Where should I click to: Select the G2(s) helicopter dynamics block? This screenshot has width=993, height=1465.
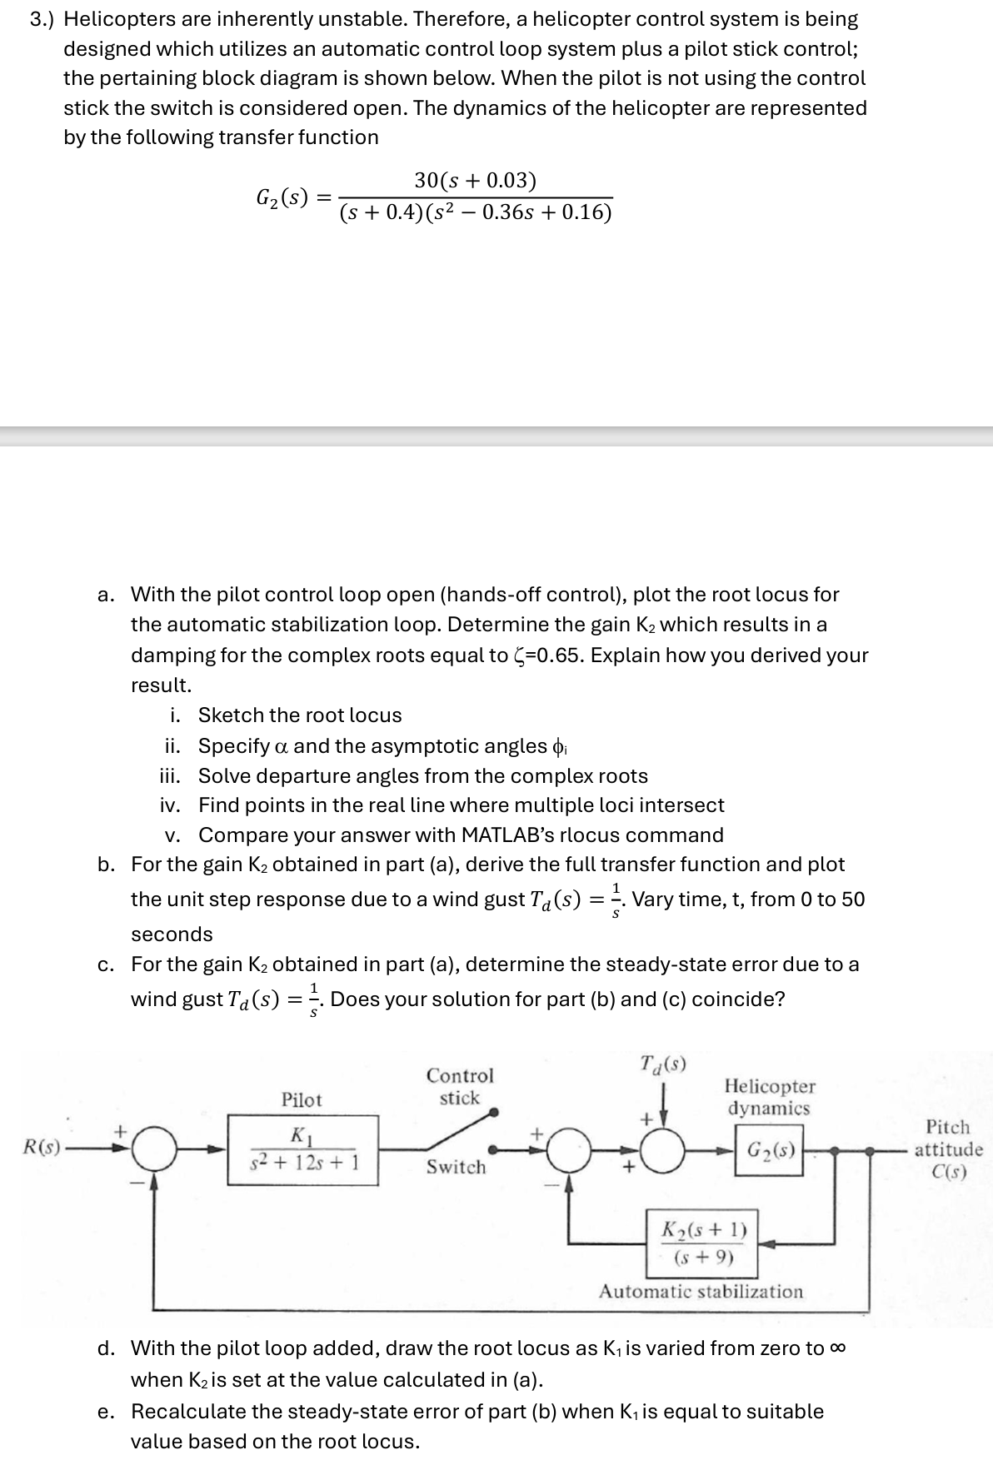coord(769,1153)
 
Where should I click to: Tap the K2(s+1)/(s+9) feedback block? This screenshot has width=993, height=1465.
coord(702,1243)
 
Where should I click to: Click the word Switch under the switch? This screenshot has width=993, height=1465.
coord(456,1167)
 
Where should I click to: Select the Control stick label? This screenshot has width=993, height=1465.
coord(460,1087)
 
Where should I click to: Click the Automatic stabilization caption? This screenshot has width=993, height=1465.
coord(701,1292)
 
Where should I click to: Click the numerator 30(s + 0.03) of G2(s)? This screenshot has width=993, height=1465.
coord(475,181)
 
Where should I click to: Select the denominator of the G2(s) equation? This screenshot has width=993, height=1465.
coord(476,213)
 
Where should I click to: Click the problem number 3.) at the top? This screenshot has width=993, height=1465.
coord(43,19)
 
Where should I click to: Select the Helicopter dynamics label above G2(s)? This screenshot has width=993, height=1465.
coord(769,1097)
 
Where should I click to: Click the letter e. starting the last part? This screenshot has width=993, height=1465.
coord(106,1412)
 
